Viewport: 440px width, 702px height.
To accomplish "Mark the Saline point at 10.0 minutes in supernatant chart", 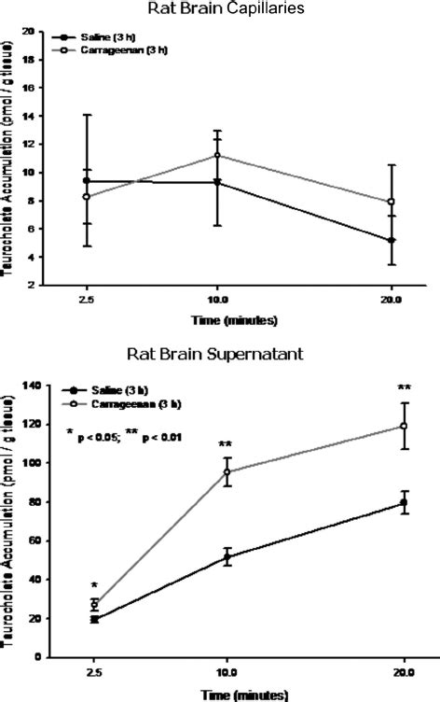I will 227,557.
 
